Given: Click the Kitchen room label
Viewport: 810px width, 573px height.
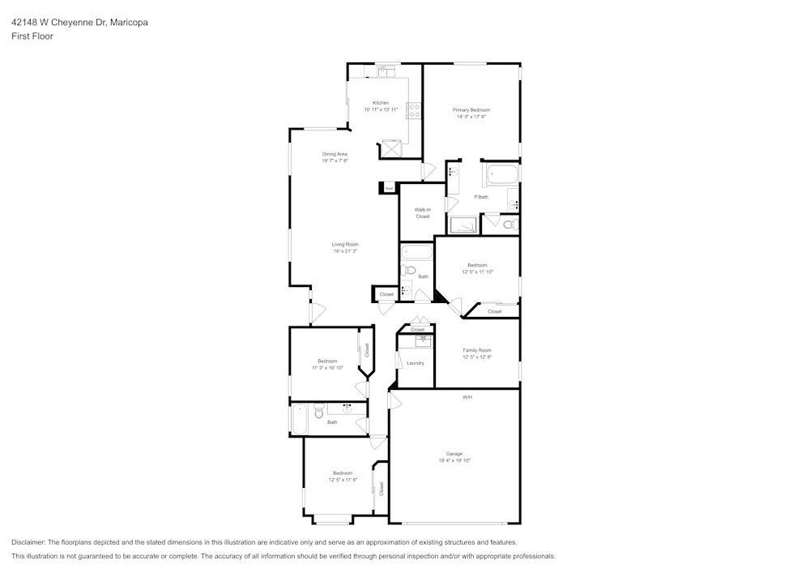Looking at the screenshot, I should tap(381, 103).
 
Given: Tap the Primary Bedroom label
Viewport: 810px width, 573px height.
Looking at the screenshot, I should tap(471, 109).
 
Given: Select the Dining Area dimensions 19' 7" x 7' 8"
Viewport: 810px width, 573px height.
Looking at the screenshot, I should tap(335, 160).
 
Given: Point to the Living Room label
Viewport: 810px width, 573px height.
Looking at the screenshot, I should tap(345, 244).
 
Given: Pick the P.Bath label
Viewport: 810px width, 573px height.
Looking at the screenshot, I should tap(481, 197).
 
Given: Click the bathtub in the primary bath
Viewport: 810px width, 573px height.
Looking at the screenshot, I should tap(501, 174).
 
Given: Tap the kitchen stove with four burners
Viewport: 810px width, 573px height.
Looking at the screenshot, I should tap(414, 111).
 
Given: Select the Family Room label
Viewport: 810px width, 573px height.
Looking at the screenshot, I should tap(477, 350).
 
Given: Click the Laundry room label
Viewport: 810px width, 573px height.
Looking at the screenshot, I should tap(416, 363).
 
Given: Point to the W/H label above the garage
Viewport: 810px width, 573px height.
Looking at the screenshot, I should tap(467, 397).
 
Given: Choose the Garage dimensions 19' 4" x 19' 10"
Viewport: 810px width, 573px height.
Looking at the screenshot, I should tap(454, 460).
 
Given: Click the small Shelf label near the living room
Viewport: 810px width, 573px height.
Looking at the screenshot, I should tap(389, 188).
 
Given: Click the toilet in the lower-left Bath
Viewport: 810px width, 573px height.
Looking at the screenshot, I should tap(319, 412).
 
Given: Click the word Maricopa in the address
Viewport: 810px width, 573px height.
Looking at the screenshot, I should tap(130, 23).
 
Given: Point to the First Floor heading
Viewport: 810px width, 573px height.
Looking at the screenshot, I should tap(32, 36).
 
